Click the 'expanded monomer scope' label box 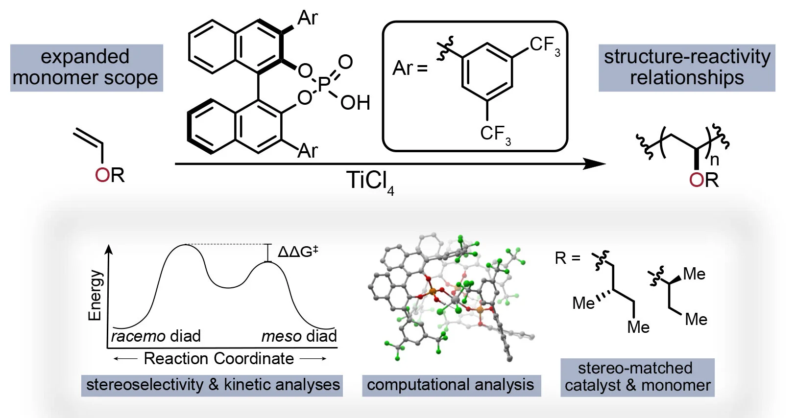point(86,68)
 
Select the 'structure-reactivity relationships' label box point(687,68)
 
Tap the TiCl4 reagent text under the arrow point(369,182)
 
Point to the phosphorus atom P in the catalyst point(324,84)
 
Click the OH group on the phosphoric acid point(355,103)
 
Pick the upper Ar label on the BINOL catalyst point(307,18)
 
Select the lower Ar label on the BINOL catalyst point(307,151)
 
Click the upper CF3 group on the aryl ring point(544,46)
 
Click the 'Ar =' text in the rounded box point(410,68)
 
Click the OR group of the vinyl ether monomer point(110,175)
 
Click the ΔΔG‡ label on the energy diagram point(298,252)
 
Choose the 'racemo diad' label point(156,336)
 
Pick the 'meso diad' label point(299,336)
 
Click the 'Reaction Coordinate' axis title point(218,358)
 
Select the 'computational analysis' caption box point(451,385)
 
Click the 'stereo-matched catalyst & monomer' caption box point(637,377)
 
